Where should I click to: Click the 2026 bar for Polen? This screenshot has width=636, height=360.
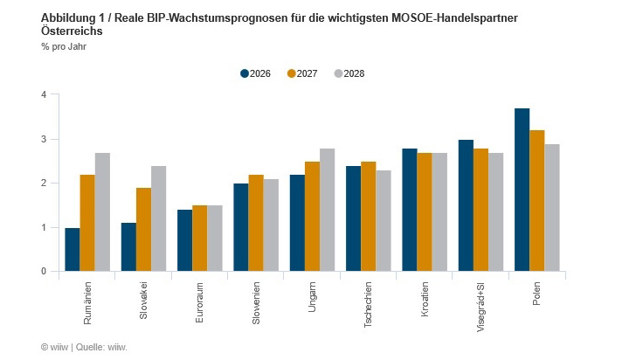[x=522, y=190]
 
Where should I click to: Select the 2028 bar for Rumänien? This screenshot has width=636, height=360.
[x=102, y=212]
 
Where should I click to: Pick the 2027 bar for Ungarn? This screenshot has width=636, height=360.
[x=312, y=217]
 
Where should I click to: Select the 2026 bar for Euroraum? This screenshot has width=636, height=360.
[x=184, y=240]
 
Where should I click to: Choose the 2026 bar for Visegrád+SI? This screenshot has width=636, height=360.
[x=466, y=205]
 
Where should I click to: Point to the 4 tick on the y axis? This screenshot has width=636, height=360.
[x=43, y=94]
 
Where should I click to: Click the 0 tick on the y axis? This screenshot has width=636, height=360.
[x=43, y=272]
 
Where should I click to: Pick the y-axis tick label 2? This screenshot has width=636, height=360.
[x=43, y=183]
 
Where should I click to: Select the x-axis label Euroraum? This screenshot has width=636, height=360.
[x=200, y=302]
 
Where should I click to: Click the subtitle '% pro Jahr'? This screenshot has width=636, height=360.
[x=63, y=46]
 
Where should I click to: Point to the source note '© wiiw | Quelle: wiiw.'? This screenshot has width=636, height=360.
[x=84, y=347]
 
